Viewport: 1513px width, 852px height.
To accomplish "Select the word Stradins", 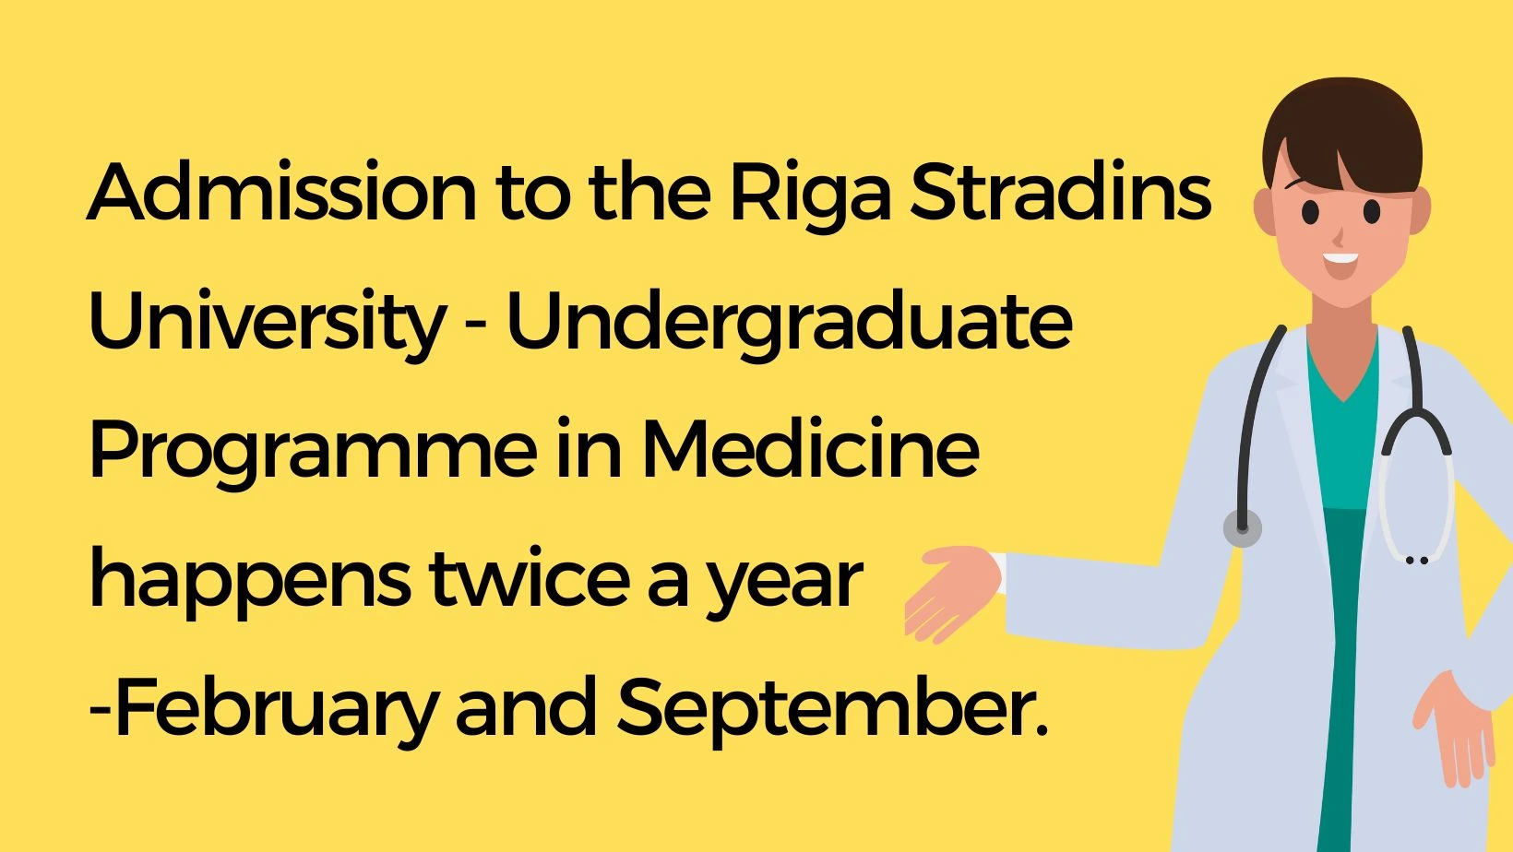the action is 1060,192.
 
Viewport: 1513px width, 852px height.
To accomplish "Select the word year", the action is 784,585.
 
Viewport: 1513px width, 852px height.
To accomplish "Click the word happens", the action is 250,582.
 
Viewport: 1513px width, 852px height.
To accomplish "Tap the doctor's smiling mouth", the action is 1340,264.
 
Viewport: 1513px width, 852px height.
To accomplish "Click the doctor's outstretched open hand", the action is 951,592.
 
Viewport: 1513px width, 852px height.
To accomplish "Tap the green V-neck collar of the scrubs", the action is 1343,378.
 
